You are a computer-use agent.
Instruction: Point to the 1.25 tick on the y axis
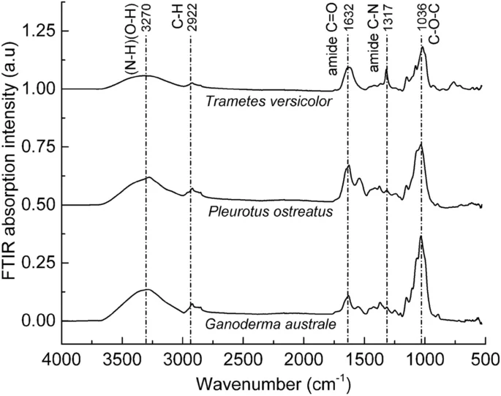[38, 31]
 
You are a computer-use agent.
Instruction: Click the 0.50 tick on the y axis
[38, 205]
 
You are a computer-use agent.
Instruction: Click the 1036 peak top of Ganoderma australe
[421, 236]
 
